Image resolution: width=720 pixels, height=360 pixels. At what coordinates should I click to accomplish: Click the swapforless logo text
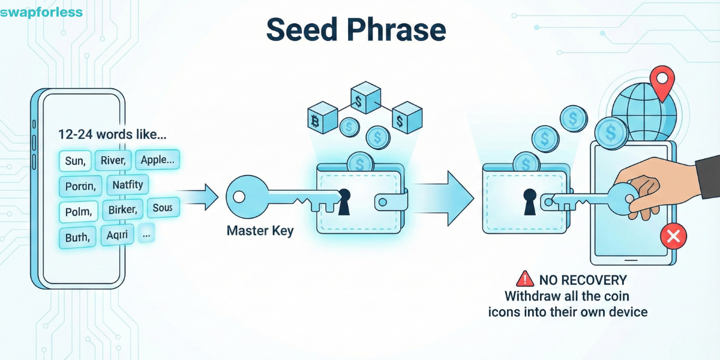tap(41, 12)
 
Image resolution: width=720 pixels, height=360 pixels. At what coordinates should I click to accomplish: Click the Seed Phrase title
tap(356, 29)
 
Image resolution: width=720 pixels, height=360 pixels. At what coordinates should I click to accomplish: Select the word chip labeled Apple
tap(158, 160)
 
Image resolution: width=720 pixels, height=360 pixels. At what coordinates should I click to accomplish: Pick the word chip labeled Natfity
tap(128, 185)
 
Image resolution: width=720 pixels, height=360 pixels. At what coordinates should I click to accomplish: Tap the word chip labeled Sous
tap(163, 208)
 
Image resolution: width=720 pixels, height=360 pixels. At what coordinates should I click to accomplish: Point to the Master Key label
tap(260, 230)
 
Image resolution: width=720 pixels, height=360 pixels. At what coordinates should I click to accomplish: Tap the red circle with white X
tap(673, 236)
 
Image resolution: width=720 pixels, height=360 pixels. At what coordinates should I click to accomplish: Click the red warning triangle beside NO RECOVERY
tap(525, 279)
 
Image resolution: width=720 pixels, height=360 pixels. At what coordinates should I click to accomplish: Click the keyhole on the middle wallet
tap(344, 201)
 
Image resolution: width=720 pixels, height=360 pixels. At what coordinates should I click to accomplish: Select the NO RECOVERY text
tap(582, 280)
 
